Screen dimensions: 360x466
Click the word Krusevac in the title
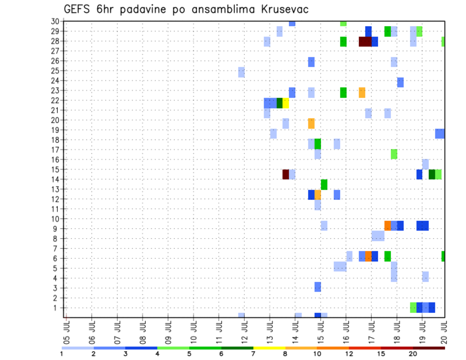281,10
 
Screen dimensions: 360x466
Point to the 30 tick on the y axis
55,21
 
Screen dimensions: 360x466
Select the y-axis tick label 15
55,169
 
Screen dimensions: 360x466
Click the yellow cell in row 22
286,103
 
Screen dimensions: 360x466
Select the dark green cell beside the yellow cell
280,103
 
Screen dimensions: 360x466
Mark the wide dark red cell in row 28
365,42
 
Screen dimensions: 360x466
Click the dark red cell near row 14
286,174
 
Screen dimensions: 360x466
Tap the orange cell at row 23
362,92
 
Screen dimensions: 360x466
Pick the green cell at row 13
324,184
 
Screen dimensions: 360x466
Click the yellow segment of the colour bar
269,347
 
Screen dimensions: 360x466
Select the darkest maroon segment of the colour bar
429,347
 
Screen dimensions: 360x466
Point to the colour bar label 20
413,354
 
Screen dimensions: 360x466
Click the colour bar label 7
253,354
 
